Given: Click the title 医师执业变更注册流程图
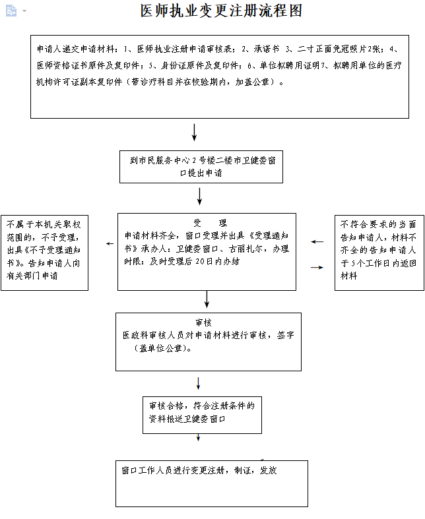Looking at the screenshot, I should click(x=221, y=11).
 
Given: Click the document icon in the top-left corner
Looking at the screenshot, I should click(x=11, y=11).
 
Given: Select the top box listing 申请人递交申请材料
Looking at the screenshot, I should click(x=220, y=76).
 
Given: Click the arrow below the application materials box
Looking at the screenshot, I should click(x=194, y=132).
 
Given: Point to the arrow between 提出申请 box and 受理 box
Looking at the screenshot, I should click(x=199, y=196).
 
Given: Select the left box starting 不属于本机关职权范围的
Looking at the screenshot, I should click(x=45, y=251).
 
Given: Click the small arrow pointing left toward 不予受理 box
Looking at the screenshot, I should click(x=110, y=244).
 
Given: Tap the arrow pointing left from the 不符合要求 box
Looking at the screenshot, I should click(x=317, y=242).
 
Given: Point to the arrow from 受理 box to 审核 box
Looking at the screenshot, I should click(x=207, y=299).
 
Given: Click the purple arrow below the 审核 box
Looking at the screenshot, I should click(x=198, y=383).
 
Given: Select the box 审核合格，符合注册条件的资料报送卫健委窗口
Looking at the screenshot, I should click(x=198, y=414).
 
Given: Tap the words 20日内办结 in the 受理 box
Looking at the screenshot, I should click(x=218, y=261).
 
